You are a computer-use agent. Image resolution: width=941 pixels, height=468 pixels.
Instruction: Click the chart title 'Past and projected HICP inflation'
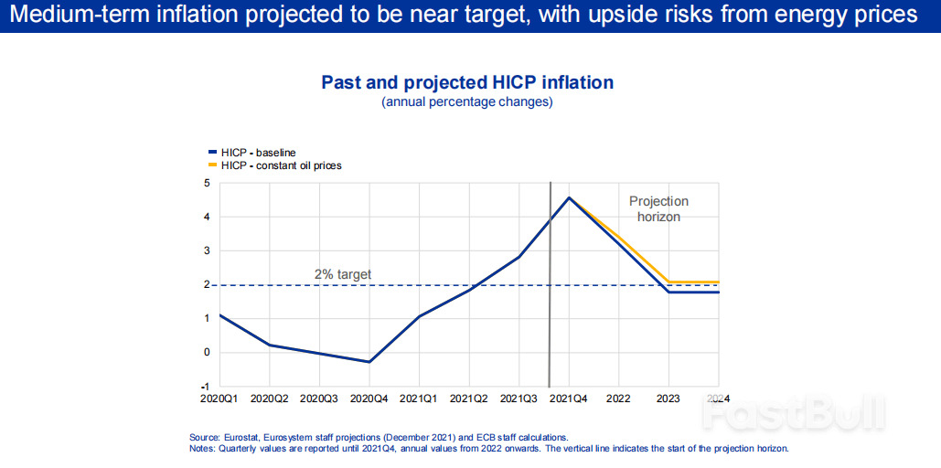tap(467, 82)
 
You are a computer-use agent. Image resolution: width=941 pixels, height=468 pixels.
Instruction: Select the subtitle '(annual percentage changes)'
tap(467, 102)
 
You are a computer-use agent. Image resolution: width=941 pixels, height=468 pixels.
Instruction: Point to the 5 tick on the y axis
tap(207, 183)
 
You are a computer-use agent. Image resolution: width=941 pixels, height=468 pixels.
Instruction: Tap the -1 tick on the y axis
tap(206, 387)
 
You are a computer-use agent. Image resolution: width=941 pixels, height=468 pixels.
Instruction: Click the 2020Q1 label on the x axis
tap(219, 399)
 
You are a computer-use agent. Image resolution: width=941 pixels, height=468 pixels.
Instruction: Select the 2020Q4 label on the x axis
tap(369, 399)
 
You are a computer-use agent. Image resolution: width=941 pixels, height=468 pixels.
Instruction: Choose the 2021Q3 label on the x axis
tap(519, 399)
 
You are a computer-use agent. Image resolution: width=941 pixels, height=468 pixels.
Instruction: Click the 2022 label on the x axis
tap(618, 399)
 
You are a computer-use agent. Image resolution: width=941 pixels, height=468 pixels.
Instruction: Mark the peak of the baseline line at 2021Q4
tap(569, 197)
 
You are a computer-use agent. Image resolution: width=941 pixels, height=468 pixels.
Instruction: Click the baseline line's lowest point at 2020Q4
tap(369, 362)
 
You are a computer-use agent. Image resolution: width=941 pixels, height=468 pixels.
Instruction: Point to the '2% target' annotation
tap(342, 273)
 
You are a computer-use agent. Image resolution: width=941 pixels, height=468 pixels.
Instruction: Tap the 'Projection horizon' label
tap(658, 209)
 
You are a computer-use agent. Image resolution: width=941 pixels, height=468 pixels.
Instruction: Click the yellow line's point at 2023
tap(668, 282)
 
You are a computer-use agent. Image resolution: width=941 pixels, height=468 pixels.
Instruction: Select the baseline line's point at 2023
tap(668, 292)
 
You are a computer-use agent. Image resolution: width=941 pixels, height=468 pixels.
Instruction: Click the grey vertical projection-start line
tap(549, 302)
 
